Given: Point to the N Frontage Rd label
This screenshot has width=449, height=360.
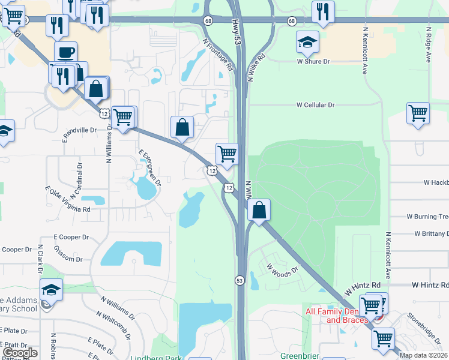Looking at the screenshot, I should point(217,55).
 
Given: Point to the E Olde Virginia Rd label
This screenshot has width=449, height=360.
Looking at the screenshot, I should point(67,199).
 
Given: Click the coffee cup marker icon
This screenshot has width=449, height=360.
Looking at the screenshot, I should point(65,52).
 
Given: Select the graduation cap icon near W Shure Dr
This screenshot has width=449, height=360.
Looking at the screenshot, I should point(307,42).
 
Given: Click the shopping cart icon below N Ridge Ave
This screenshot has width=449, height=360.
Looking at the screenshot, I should point(418,113).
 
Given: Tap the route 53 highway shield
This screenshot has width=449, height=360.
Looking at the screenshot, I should point(240,280).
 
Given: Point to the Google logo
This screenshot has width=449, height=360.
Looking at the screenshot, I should point(20,353).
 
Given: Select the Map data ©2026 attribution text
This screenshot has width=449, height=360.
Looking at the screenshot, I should point(423,355).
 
